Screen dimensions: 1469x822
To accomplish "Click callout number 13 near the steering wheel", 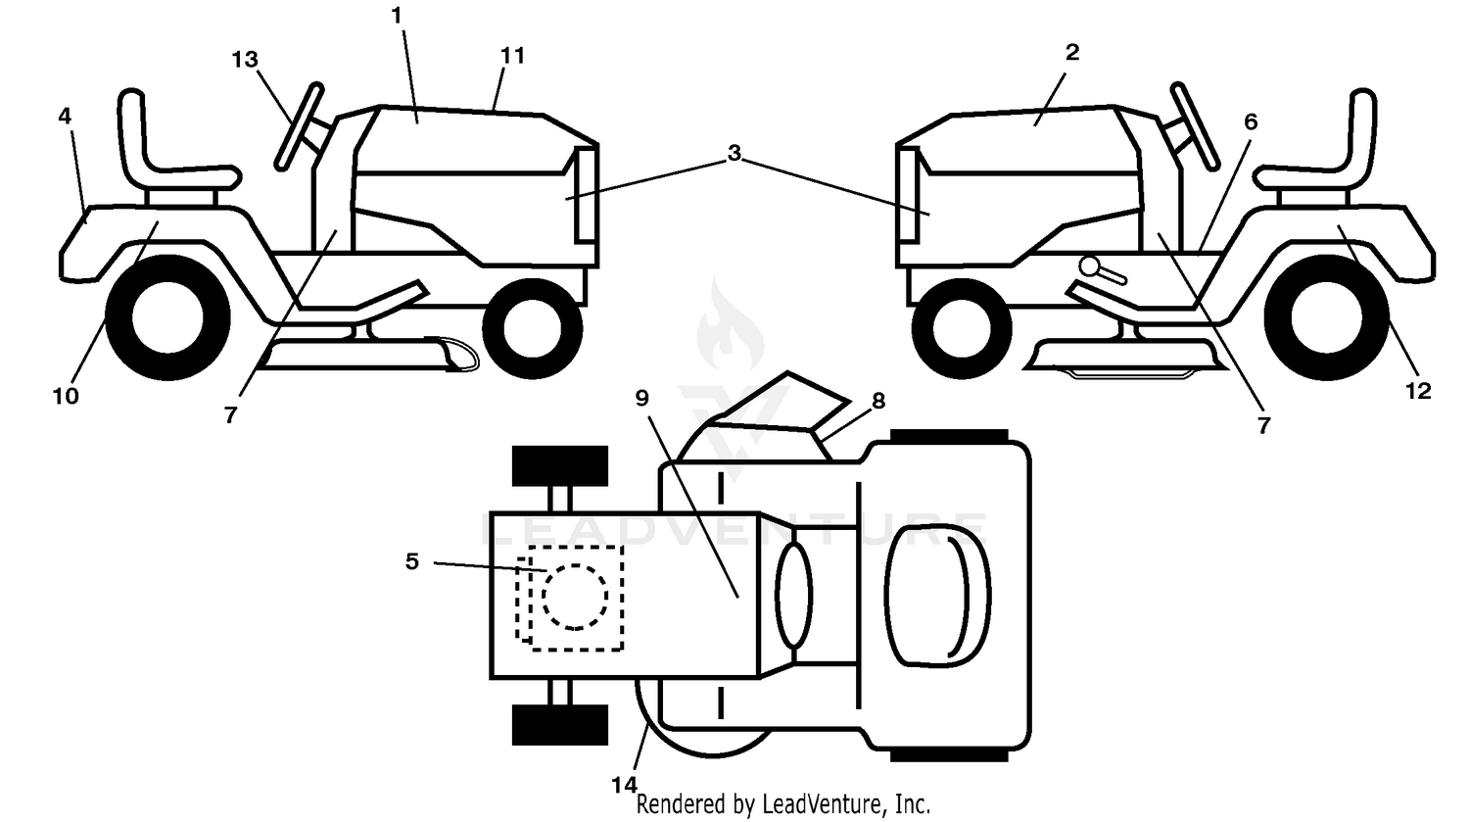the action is [x=245, y=60].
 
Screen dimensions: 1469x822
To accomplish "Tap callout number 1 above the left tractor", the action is [x=396, y=16].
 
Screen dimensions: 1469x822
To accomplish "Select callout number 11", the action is [x=512, y=56].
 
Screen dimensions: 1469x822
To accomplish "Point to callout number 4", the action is [x=65, y=117].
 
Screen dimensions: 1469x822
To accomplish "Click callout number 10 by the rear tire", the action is [x=66, y=396].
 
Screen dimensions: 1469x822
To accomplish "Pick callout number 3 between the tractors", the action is [x=734, y=153].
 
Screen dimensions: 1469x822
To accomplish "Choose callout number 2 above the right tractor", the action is [x=1072, y=53].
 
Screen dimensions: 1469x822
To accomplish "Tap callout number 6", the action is [x=1251, y=122].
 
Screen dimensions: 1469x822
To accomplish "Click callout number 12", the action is [x=1418, y=391].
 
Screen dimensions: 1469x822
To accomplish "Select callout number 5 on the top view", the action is [x=412, y=561].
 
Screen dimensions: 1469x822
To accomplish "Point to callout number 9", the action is [x=642, y=398].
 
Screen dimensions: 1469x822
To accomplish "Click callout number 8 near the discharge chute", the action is [x=878, y=400].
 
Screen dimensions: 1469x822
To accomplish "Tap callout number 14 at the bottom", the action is [x=625, y=785].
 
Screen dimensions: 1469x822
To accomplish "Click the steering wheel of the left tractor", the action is [x=299, y=126].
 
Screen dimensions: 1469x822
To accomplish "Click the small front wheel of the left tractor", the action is [x=533, y=328].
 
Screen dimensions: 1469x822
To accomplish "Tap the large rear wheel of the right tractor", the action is [x=1326, y=317].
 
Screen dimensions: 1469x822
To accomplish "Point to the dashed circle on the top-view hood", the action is [x=575, y=597].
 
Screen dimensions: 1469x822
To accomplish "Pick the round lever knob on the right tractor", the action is [x=1090, y=266].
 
